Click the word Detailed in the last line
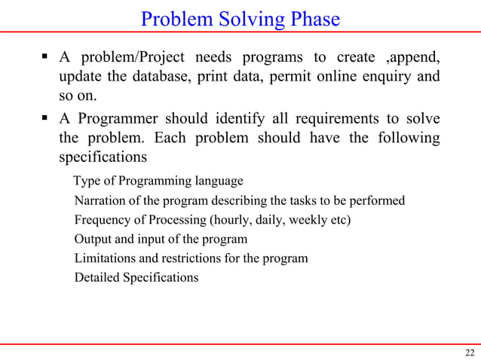[x=97, y=278]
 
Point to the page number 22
[x=470, y=352]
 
